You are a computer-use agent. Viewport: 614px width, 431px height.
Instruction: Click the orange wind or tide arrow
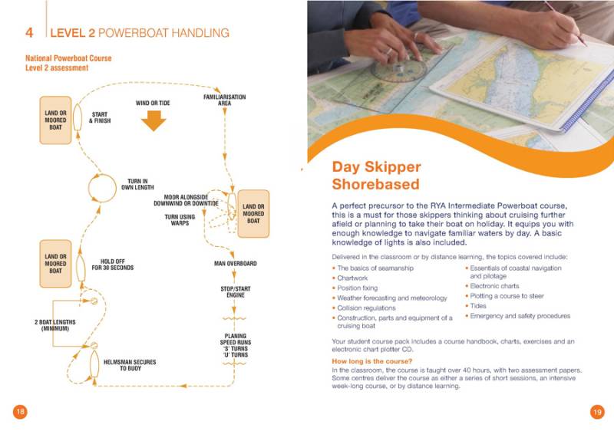point(153,120)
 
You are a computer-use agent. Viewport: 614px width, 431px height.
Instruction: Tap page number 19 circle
point(597,411)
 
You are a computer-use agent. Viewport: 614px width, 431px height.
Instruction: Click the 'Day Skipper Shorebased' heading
point(375,176)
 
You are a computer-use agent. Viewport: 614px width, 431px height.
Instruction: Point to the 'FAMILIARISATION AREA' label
point(224,100)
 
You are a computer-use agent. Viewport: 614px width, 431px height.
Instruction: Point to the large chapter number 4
point(28,33)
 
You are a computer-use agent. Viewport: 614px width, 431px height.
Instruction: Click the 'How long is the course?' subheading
point(371,361)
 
